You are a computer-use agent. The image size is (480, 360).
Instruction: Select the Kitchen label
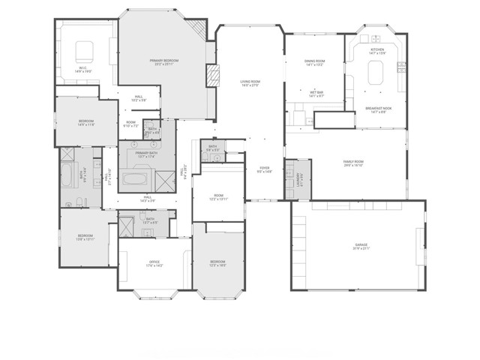[377, 51]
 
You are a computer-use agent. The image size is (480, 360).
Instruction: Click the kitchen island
[376, 73]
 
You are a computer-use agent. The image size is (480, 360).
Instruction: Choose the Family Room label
[353, 163]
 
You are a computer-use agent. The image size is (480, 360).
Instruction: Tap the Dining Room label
[314, 62]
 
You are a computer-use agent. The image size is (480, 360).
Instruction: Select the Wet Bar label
[316, 94]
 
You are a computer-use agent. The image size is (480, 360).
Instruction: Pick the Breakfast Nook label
[376, 109]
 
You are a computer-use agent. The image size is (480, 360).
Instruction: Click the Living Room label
[249, 82]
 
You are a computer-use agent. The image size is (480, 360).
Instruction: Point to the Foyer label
[264, 169]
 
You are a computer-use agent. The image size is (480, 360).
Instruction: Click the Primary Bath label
[147, 154]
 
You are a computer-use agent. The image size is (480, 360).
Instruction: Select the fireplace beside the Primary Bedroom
[211, 75]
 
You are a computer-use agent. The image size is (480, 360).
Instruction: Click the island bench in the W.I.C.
[83, 52]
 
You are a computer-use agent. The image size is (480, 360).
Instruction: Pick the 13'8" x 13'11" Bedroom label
[85, 238]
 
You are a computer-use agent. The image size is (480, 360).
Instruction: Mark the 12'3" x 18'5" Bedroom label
[218, 262]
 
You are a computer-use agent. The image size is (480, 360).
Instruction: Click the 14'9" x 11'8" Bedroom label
[86, 122]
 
